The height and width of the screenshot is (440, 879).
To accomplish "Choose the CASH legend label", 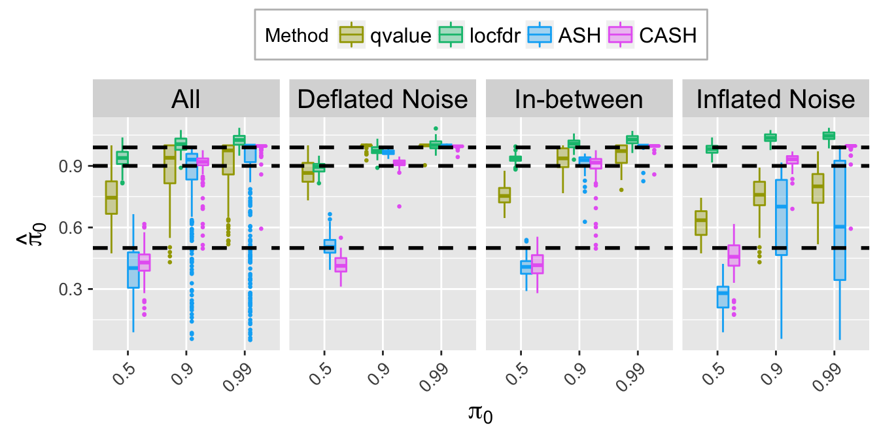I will point(669,35).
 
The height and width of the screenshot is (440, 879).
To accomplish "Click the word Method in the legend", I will point(296,35).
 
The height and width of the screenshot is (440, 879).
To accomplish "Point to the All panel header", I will point(186,100).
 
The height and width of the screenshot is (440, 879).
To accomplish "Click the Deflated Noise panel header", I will point(383,100).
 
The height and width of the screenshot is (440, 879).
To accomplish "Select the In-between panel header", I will point(579,100).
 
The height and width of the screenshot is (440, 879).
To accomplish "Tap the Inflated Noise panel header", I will point(776,100).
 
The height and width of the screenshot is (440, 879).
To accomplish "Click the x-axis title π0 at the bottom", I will point(481,414).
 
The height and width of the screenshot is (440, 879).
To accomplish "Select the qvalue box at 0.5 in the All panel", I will point(111,197).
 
